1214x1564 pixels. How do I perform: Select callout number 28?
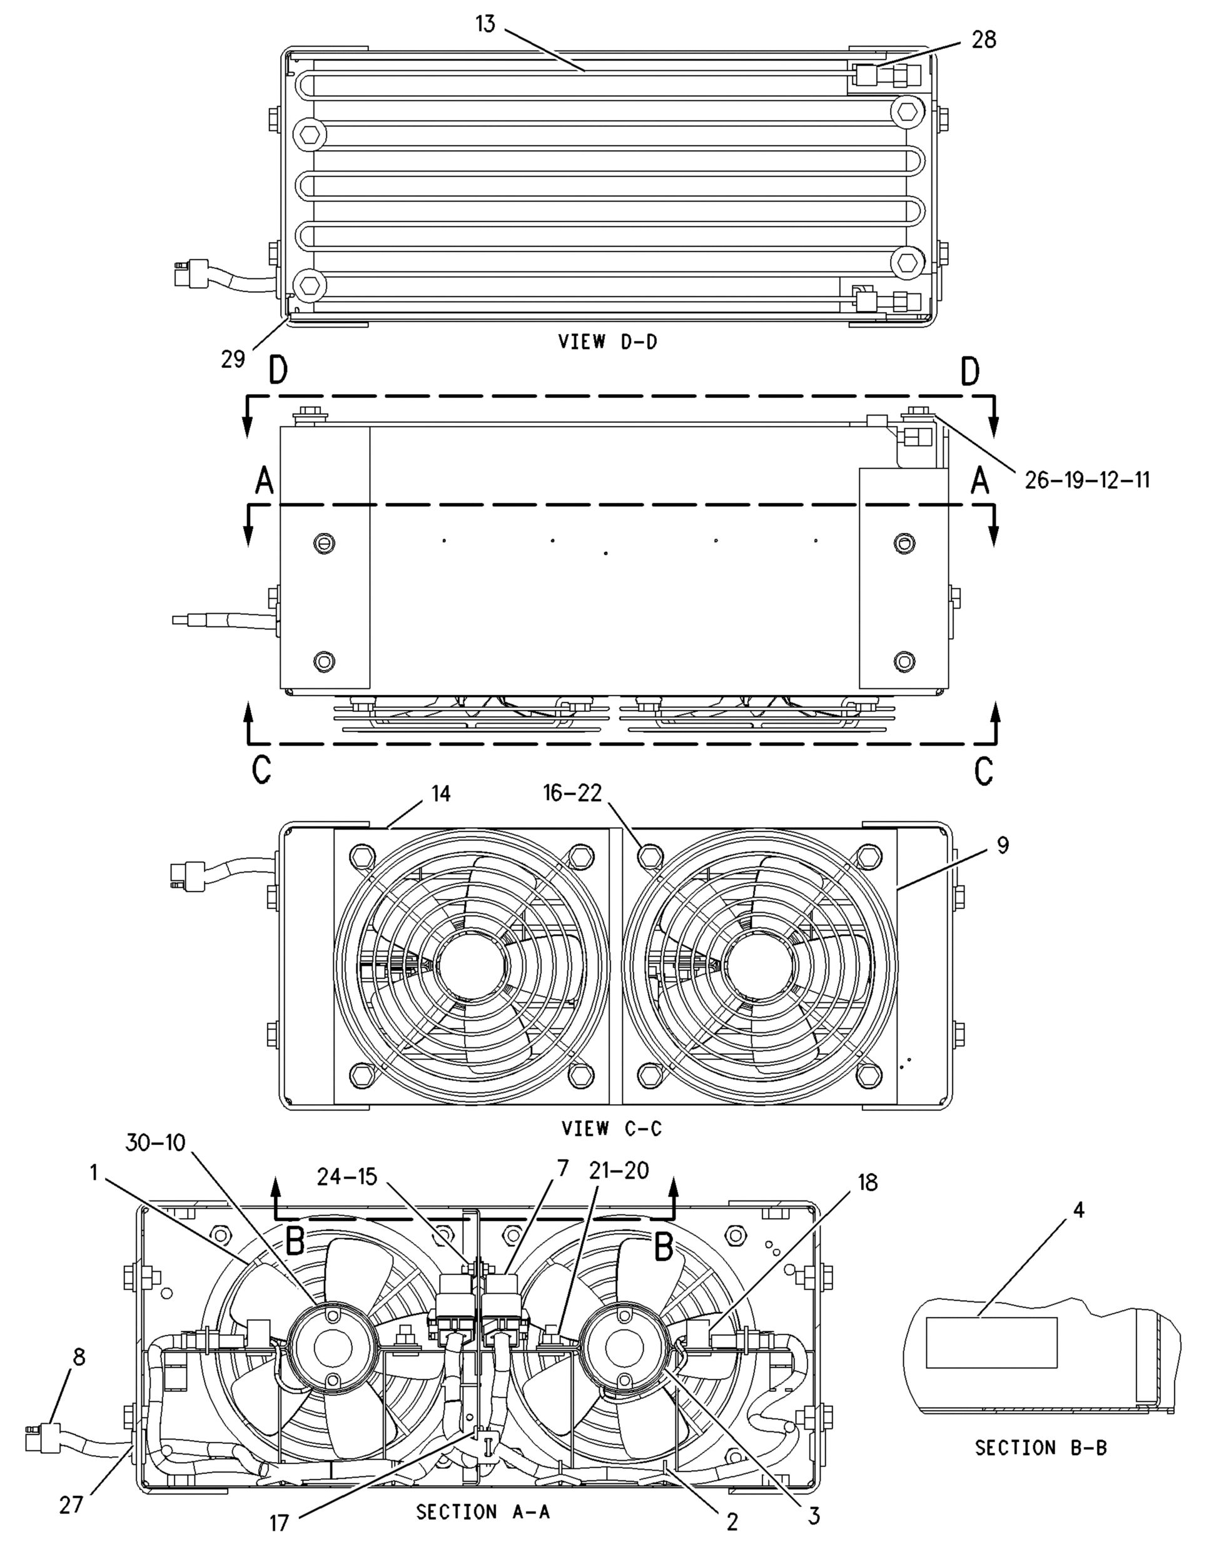pyautogui.click(x=983, y=39)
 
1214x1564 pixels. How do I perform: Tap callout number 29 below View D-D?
pyautogui.click(x=233, y=358)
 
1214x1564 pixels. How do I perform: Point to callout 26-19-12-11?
pyautogui.click(x=1086, y=479)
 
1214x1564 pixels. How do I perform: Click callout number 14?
pyautogui.click(x=441, y=793)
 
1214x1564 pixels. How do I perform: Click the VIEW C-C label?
pyautogui.click(x=611, y=1129)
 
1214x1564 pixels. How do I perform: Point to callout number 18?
pyautogui.click(x=867, y=1182)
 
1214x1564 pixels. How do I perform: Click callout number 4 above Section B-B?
pyautogui.click(x=1078, y=1211)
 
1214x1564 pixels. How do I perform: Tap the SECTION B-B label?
pyautogui.click(x=1040, y=1448)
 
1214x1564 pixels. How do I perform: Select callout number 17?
pyautogui.click(x=278, y=1523)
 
